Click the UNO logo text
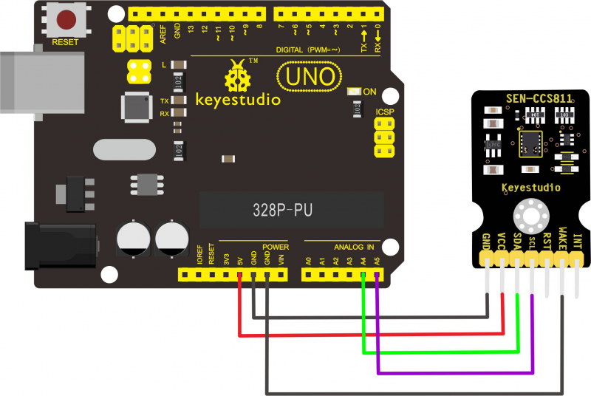coord(310,76)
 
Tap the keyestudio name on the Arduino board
coord(238,99)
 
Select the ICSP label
coord(385,112)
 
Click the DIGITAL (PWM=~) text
coord(308,49)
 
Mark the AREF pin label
coord(163,34)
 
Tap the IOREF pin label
coord(199,255)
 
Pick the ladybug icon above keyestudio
coord(238,75)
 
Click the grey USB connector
coord(30,78)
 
